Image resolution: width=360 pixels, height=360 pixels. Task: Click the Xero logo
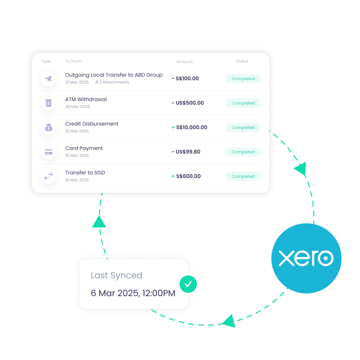pyautogui.click(x=306, y=258)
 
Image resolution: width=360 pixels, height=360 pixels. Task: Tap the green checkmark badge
pyautogui.click(x=188, y=284)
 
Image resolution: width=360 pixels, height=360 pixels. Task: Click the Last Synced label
pyautogui.click(x=116, y=275)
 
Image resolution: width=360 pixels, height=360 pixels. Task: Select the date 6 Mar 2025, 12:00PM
pyautogui.click(x=133, y=293)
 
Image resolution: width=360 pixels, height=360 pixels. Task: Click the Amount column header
pyautogui.click(x=185, y=62)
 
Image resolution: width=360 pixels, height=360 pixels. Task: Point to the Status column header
pyautogui.click(x=242, y=61)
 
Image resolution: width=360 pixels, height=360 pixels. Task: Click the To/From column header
pyautogui.click(x=73, y=61)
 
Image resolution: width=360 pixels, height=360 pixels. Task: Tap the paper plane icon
pyautogui.click(x=49, y=78)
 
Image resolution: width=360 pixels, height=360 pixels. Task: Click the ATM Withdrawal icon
pyautogui.click(x=49, y=103)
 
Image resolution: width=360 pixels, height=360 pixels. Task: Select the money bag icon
pyautogui.click(x=49, y=128)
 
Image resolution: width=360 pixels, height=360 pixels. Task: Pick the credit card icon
pyautogui.click(x=49, y=152)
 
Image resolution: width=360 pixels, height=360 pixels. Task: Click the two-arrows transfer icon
pyautogui.click(x=49, y=176)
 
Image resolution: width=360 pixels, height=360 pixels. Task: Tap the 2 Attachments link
pyautogui.click(x=112, y=82)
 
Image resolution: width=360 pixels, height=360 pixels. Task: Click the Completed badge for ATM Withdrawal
pyautogui.click(x=243, y=103)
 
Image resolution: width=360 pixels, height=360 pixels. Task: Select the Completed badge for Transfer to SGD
pyautogui.click(x=243, y=176)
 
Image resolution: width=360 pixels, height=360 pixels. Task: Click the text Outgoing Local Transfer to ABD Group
pyautogui.click(x=114, y=75)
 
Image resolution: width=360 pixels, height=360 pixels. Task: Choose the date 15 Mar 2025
pyautogui.click(x=77, y=155)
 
